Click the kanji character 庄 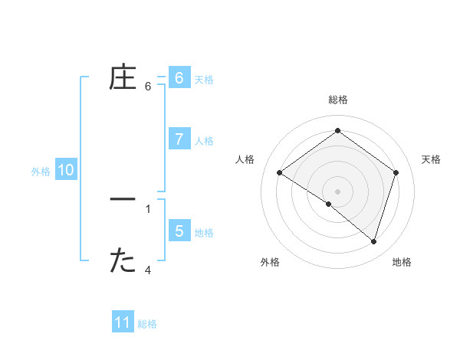(123, 78)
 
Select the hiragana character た (123, 261)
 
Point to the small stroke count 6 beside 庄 (148, 87)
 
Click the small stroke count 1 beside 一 (148, 208)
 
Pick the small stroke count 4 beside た (148, 270)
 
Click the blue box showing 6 (179, 78)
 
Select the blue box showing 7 (179, 139)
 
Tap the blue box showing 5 (179, 231)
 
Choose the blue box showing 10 (65, 170)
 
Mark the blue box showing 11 (123, 322)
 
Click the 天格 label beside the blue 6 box (204, 80)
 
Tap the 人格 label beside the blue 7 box (204, 141)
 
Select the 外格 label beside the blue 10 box (41, 172)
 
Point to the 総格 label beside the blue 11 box (147, 324)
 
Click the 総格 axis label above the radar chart (337, 100)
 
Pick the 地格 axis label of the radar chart (402, 262)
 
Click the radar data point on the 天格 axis (396, 173)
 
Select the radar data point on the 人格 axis (279, 173)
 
